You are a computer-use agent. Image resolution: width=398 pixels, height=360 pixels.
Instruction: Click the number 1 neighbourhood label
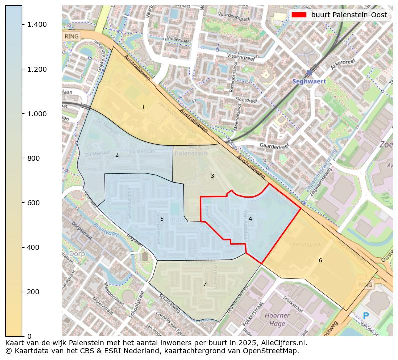[143, 107]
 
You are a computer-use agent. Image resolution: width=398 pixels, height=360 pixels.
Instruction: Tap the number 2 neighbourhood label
[117, 155]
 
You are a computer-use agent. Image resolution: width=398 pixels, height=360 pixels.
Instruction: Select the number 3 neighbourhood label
[212, 176]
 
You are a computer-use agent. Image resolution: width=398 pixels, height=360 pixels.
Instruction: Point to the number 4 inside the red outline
[250, 219]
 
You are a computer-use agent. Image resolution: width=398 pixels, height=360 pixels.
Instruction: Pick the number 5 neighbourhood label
[162, 219]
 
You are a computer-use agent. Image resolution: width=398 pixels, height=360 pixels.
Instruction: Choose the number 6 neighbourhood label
[320, 260]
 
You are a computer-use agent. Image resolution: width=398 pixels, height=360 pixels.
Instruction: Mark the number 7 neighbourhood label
[205, 284]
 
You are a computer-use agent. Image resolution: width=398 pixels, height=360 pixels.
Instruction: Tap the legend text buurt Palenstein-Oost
[349, 15]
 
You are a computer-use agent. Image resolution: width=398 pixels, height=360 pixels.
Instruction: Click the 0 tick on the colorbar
[30, 336]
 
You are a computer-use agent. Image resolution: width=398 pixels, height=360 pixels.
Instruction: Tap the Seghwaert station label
[309, 81]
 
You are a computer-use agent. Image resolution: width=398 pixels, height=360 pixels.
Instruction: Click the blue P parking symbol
[366, 316]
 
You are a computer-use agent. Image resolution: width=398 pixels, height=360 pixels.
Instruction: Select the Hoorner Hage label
[277, 319]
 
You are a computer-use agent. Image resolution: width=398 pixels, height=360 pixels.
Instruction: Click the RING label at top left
[72, 36]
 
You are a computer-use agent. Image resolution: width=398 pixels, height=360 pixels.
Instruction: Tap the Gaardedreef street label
[274, 146]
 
